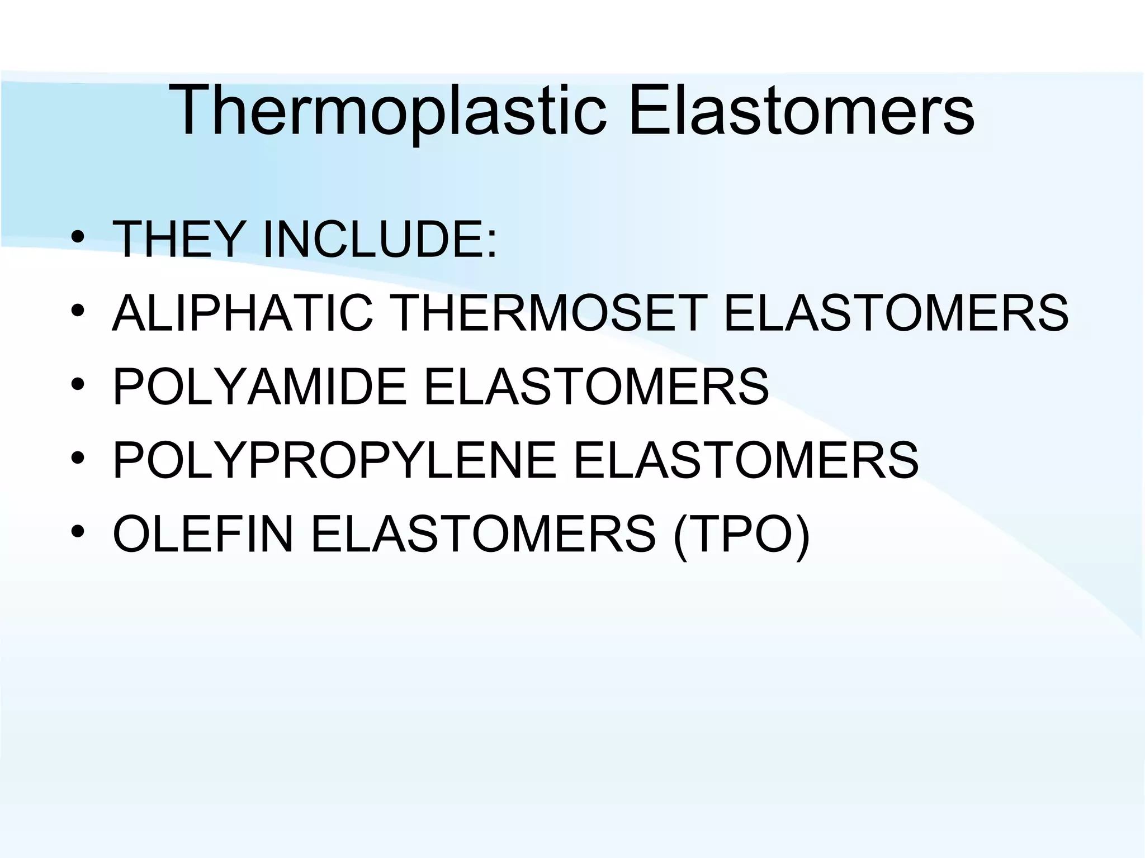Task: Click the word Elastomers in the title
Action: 801,110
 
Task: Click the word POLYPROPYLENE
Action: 334,460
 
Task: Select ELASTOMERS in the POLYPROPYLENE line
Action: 746,460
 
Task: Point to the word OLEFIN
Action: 203,534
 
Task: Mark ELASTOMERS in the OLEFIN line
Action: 483,534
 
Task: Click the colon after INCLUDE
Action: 491,246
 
